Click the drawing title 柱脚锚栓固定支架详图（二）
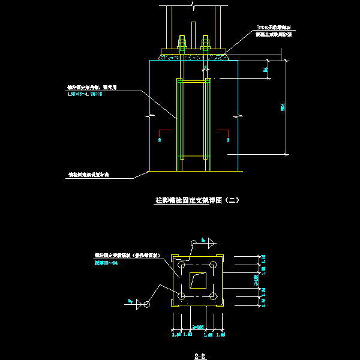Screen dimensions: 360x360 click(x=197, y=200)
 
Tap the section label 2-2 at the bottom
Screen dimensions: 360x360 click(x=200, y=356)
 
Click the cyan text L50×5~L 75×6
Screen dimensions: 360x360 click(x=91, y=94)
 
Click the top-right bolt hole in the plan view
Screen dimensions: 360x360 click(x=213, y=264)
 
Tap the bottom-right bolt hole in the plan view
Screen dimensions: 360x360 click(x=213, y=295)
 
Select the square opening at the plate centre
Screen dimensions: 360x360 click(x=197, y=280)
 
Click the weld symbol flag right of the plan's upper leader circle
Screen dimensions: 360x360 click(x=205, y=241)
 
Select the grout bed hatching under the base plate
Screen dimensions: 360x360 click(x=193, y=57)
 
